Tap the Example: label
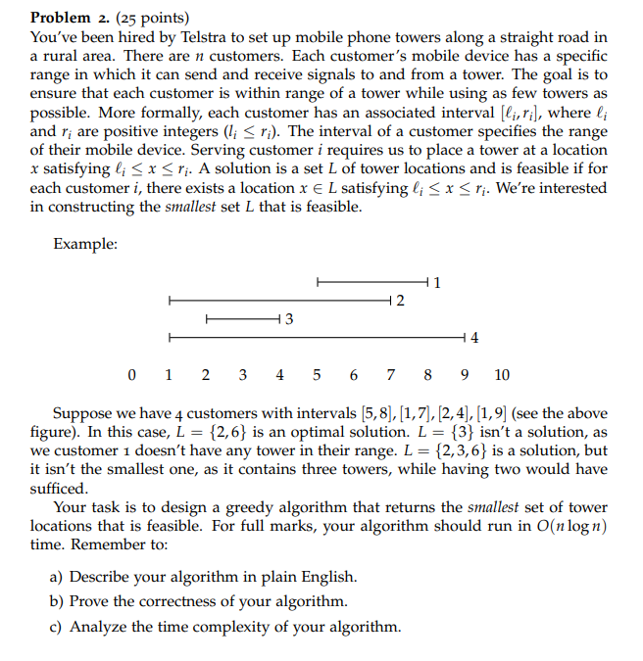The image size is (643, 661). click(x=85, y=244)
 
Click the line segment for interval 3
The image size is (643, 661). click(x=242, y=318)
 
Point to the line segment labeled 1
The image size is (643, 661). click(x=372, y=283)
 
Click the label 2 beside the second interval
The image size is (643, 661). click(x=401, y=300)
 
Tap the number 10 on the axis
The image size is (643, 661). click(x=501, y=374)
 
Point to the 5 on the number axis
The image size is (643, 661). click(x=317, y=374)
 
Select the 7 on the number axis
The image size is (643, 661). click(x=391, y=374)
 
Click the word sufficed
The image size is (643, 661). click(x=58, y=489)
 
